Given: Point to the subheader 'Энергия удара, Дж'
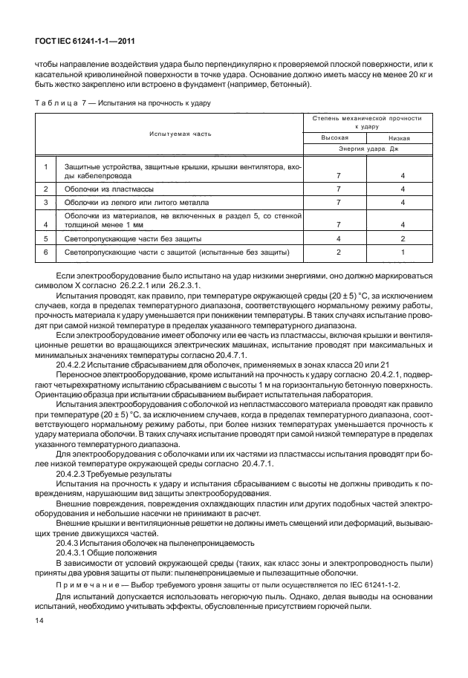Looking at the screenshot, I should (x=367, y=149).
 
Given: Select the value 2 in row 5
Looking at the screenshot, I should (x=402, y=239).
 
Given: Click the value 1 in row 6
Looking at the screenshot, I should (x=402, y=252).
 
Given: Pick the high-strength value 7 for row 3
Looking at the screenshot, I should (x=338, y=202).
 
